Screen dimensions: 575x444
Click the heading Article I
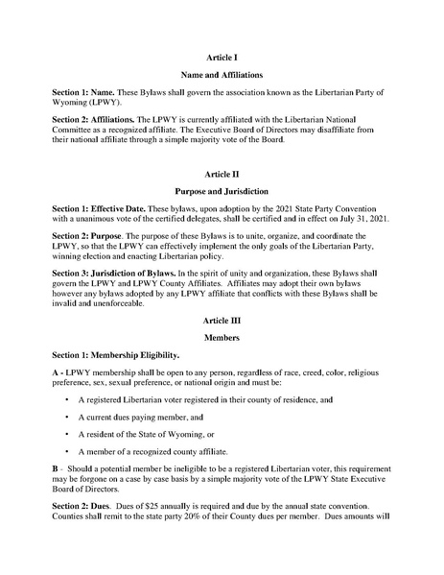tap(222, 58)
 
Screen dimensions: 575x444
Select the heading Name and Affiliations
tap(222, 74)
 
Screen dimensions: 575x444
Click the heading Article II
tap(222, 176)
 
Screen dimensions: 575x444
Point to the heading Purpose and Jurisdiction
tap(222, 192)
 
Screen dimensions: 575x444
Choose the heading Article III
tap(222, 323)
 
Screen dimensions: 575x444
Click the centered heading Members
tap(222, 339)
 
